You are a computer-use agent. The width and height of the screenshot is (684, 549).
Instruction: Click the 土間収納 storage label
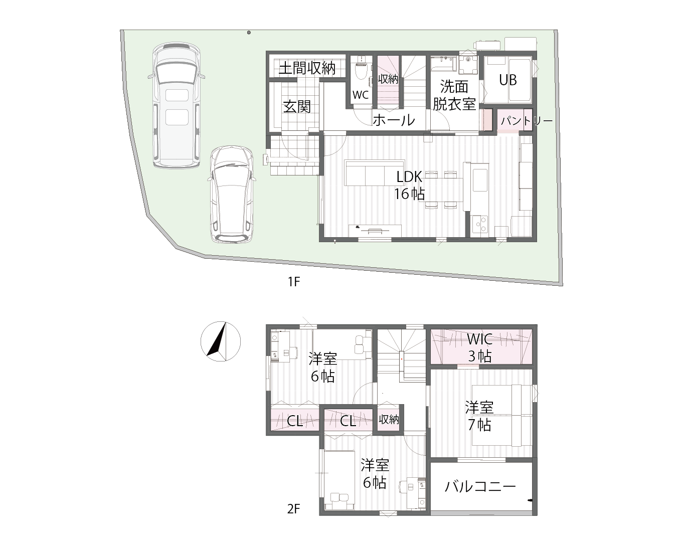click(306, 68)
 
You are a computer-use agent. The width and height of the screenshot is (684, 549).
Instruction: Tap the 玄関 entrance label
click(297, 106)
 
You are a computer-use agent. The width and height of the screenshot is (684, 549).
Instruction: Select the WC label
click(361, 95)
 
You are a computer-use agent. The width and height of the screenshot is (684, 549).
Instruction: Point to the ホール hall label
click(394, 120)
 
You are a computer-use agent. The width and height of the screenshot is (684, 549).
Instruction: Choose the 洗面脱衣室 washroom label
click(454, 95)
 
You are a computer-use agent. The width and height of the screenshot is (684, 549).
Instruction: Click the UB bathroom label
click(507, 80)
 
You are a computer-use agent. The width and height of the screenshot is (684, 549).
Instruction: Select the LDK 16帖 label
click(410, 185)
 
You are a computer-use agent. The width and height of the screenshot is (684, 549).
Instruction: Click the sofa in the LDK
click(375, 173)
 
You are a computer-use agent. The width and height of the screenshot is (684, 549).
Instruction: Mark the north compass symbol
click(220, 340)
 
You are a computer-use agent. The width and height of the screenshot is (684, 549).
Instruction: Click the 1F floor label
click(293, 281)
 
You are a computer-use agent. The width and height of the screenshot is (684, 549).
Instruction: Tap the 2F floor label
click(293, 509)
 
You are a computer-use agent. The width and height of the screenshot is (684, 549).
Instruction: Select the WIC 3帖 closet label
click(479, 347)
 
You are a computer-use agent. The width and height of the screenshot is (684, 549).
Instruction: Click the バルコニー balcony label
click(480, 486)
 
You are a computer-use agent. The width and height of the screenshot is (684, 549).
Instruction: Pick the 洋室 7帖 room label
click(479, 416)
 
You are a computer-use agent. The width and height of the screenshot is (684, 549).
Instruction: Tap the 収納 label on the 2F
click(389, 419)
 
